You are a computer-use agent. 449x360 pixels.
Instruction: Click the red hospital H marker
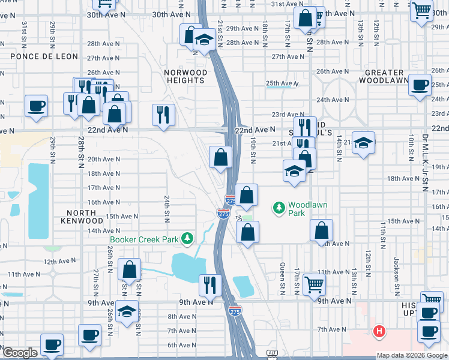pos(379,331)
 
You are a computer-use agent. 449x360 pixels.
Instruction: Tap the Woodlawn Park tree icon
pos(279,208)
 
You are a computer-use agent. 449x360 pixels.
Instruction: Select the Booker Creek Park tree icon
pos(188,239)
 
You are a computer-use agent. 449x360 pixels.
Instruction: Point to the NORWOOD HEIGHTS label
pos(186,76)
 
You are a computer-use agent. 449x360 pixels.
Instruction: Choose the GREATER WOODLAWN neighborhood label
pos(387,76)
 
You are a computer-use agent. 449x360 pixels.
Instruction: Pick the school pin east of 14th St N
pos(363,143)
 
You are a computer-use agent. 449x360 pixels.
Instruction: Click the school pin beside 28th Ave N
pos(205,40)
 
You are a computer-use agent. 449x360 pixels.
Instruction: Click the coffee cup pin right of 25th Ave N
pos(420,85)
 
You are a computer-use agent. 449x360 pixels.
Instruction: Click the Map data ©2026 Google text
pos(412,355)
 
